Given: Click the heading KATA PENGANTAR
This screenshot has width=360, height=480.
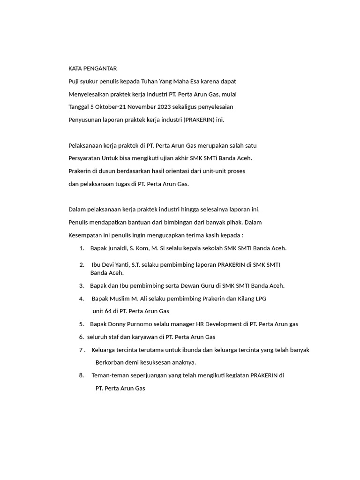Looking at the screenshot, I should (x=92, y=68).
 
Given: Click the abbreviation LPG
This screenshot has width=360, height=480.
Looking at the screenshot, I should (x=259, y=298).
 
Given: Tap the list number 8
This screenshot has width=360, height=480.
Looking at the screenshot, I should (x=81, y=375).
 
